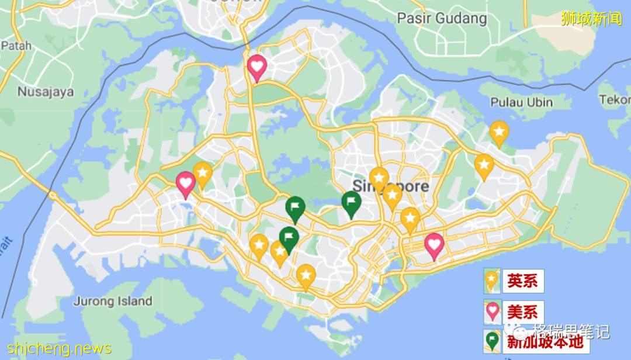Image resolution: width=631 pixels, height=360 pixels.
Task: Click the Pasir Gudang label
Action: tap(442, 18)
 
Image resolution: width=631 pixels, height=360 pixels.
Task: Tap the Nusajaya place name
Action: tap(46, 92)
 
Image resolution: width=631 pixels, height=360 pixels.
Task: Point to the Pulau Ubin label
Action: tap(521, 102)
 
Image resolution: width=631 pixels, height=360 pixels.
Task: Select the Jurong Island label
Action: tap(112, 302)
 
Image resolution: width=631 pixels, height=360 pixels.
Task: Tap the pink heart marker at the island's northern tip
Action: tap(257, 67)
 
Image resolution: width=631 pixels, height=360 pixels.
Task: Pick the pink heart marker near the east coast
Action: tap(434, 245)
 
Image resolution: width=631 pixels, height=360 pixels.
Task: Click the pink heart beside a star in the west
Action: tap(186, 184)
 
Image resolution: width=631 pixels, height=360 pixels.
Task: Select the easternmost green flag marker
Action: tap(351, 203)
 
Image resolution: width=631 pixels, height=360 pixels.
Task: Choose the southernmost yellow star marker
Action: tap(306, 276)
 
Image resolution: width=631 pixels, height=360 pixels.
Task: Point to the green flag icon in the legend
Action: tap(493, 341)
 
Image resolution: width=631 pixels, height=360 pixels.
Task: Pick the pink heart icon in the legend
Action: tap(493, 311)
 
